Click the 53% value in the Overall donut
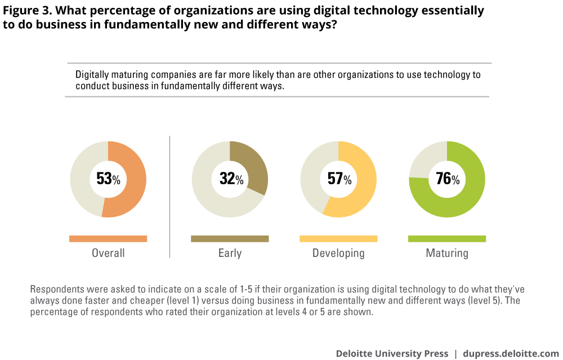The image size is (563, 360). tap(108, 179)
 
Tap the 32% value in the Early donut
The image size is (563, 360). tap(231, 179)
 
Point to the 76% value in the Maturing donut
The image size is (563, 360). tap(448, 179)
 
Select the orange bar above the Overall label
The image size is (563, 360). tap(108, 239)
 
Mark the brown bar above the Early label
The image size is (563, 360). tap(230, 239)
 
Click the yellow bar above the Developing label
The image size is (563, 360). tap(338, 239)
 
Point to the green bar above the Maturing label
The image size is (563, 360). tap(446, 239)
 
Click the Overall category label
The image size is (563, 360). tap(108, 253)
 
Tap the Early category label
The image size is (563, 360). tap(230, 253)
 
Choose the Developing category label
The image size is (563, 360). tap(338, 253)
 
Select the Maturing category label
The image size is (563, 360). tap(446, 253)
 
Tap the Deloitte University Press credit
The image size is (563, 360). tap(392, 353)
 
